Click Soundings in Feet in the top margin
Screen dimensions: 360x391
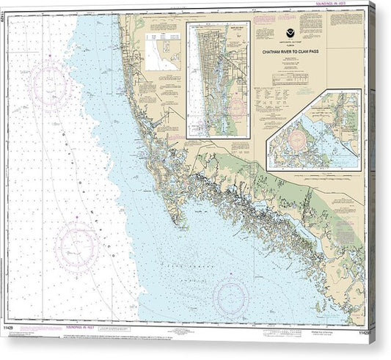click(352, 8)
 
